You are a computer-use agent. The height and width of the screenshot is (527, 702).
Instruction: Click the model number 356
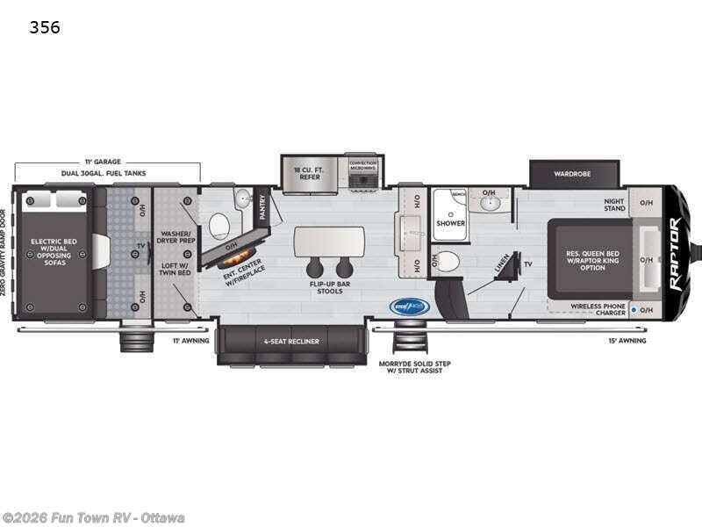pyautogui.click(x=45, y=27)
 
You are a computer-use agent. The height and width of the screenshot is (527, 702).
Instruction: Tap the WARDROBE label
pyautogui.click(x=571, y=174)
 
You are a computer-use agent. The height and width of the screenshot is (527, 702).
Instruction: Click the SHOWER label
pyautogui.click(x=450, y=222)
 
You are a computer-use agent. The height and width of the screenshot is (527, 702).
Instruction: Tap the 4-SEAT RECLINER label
pyautogui.click(x=290, y=341)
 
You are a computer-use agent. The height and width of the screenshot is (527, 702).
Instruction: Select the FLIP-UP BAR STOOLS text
pyautogui.click(x=329, y=287)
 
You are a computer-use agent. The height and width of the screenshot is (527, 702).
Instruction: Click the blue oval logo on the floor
pyautogui.click(x=408, y=307)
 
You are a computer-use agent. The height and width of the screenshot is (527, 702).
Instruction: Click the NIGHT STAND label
pyautogui.click(x=613, y=205)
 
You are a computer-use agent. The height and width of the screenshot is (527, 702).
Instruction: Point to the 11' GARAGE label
pyautogui.click(x=103, y=162)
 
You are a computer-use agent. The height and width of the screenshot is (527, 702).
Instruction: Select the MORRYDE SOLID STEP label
pyautogui.click(x=411, y=367)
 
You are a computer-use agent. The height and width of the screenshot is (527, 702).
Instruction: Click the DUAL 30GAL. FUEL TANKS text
pyautogui.click(x=104, y=174)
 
